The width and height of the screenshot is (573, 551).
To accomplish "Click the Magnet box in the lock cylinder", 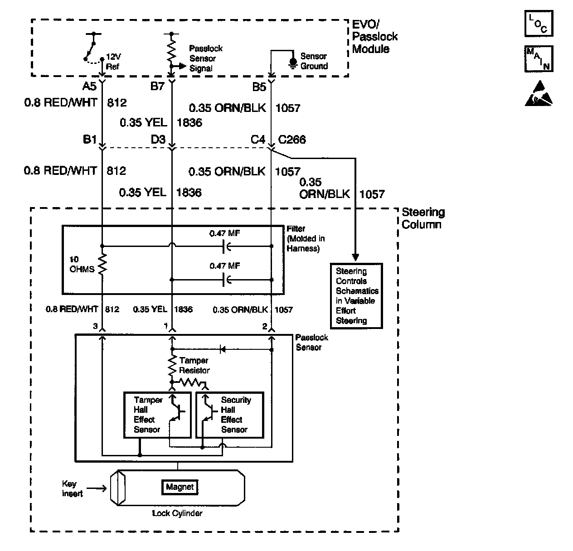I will coord(180,487).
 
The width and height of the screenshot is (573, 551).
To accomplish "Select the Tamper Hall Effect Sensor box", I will coord(157,415).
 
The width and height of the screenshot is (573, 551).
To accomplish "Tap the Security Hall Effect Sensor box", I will coord(229,415).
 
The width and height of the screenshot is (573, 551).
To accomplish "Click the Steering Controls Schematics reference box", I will coord(356,295).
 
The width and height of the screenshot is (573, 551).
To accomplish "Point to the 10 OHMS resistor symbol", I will coord(102,264).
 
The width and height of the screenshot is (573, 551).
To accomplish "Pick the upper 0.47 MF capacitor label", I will coord(224,234).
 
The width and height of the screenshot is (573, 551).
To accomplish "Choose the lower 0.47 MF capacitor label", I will coord(224,266).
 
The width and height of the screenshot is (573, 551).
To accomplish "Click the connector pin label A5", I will coord(90,86).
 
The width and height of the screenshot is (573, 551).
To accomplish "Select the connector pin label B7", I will coord(157,86).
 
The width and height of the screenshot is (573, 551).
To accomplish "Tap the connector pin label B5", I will coord(259,86).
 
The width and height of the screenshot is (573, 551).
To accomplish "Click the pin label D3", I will coord(158,140).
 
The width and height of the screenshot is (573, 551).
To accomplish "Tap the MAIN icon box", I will coord(539,58).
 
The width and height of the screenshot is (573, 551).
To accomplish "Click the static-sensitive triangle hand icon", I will coord(539,94).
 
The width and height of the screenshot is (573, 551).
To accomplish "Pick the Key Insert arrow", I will coord(96,488).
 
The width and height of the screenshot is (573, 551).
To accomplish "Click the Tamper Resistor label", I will coord(194,365).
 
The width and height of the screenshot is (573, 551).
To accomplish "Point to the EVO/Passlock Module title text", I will coord(375,37).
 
